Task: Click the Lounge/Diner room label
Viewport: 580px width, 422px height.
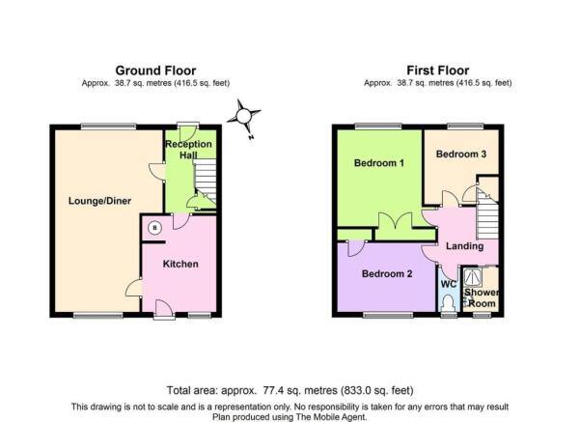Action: point(99,201)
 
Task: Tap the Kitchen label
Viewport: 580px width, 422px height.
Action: point(180,264)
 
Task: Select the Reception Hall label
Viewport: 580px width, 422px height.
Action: point(188,149)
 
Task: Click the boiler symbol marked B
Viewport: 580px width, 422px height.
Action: point(155,228)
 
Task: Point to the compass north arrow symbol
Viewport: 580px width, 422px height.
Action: point(244,118)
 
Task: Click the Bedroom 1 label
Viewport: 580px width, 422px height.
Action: point(378,163)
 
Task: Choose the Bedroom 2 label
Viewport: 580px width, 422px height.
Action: point(387,274)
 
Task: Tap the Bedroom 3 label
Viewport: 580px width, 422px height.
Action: point(461,154)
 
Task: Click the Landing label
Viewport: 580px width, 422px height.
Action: point(464,246)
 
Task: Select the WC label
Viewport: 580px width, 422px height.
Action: point(449,284)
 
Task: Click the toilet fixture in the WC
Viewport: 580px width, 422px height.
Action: point(449,303)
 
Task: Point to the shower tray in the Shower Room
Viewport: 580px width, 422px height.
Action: point(473,278)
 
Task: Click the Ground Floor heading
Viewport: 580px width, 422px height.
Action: point(155,70)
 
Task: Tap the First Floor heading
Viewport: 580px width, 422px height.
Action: point(438,70)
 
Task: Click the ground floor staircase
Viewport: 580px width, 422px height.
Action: point(205,181)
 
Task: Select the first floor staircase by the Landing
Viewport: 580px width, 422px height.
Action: point(487,214)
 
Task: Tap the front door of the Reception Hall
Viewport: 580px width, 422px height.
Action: point(187,132)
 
